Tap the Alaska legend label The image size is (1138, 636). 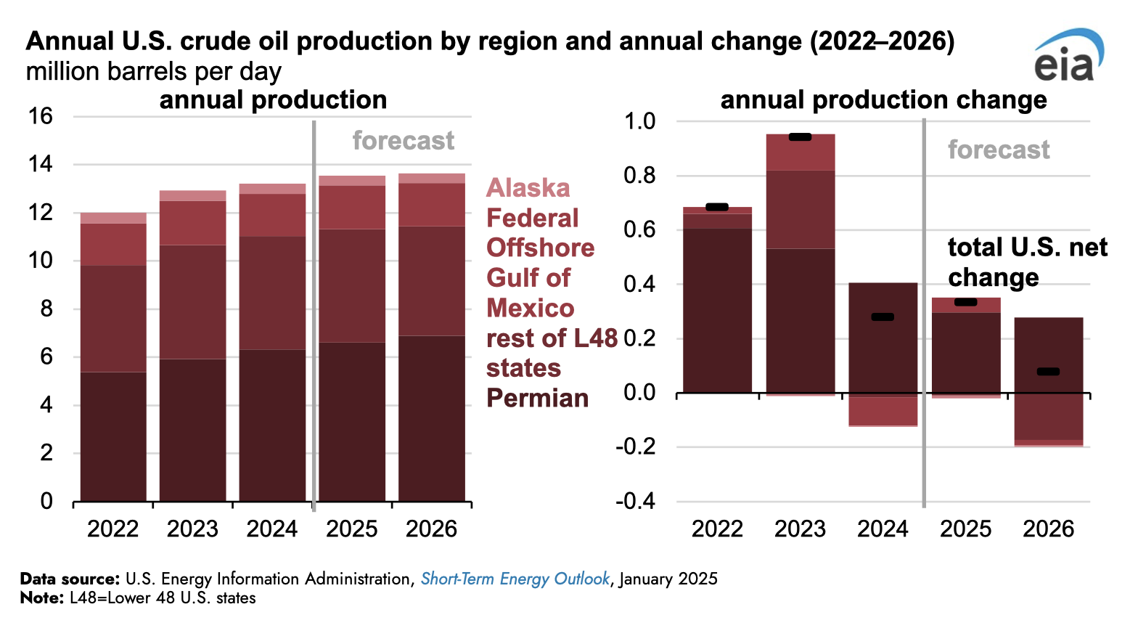point(528,188)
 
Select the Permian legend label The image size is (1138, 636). point(537,398)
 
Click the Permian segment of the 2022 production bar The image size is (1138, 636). point(113,436)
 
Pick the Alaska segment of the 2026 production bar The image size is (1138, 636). point(432,179)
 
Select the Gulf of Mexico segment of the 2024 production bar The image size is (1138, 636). point(272,215)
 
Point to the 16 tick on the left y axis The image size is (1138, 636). point(41,116)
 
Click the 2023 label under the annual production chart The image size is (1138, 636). point(192,529)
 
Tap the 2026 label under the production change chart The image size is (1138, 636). point(1048,529)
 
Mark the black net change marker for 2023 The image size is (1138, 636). point(800,137)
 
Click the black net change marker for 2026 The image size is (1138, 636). point(1048,372)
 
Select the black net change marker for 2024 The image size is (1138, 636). point(883,317)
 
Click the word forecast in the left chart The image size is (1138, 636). point(404,140)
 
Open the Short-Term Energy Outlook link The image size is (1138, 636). point(515,579)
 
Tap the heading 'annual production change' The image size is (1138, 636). point(883,100)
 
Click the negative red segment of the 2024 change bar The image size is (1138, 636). point(883,411)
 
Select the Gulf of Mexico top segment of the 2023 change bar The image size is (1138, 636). point(801,152)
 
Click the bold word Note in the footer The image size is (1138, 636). point(41,598)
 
